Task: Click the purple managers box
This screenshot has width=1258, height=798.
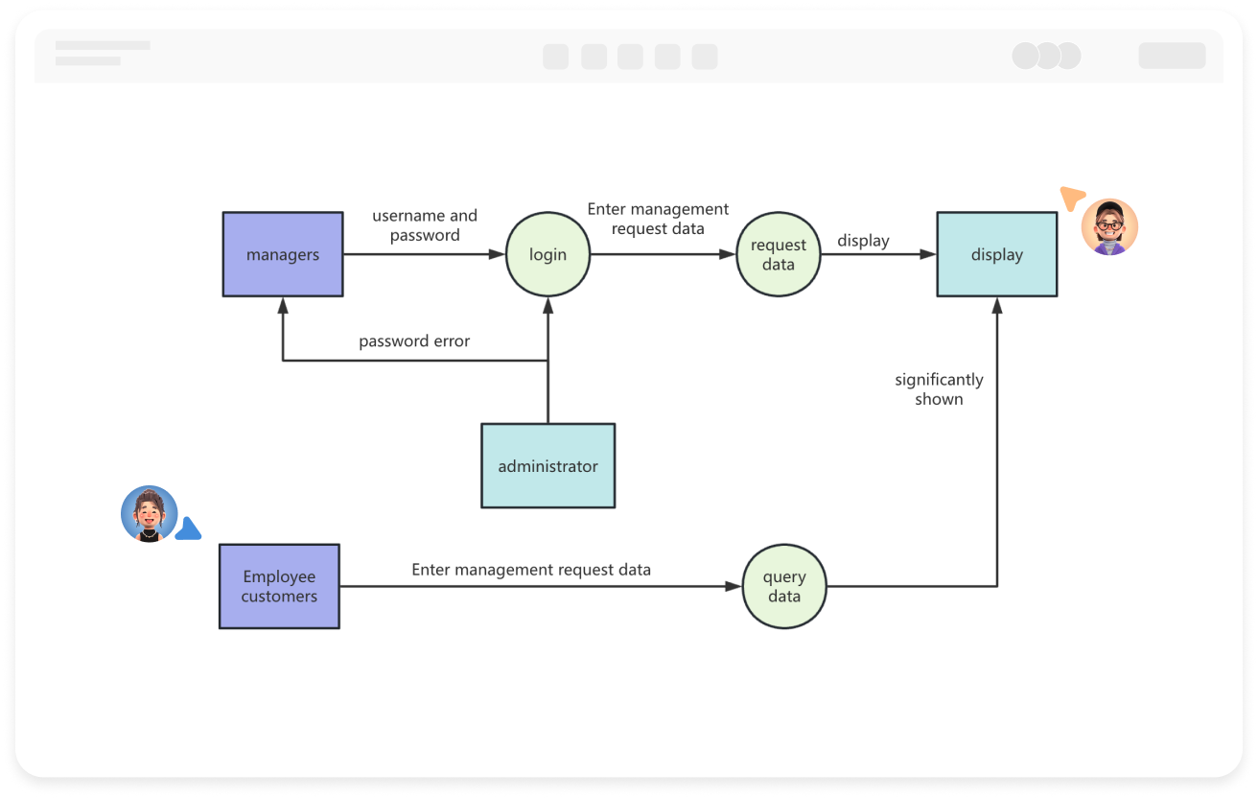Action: (x=283, y=254)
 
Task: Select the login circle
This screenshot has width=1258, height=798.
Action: (x=547, y=254)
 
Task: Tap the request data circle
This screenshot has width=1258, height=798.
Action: (x=778, y=254)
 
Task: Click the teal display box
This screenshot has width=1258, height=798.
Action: (x=996, y=254)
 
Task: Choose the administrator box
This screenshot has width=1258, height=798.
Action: (x=547, y=466)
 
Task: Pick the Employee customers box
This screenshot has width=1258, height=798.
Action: (x=279, y=586)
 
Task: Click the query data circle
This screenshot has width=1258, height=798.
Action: (x=783, y=586)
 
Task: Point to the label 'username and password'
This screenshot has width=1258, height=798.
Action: (x=425, y=225)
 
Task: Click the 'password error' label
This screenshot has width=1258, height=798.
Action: (x=414, y=341)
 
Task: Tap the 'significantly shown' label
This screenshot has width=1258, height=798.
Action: (x=939, y=389)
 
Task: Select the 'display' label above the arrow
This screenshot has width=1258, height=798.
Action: (x=863, y=241)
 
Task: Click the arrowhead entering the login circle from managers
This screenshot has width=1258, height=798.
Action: (x=497, y=254)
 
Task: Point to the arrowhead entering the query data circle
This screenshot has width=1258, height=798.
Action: (x=734, y=586)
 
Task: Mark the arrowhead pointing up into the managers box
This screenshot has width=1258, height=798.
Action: (x=283, y=305)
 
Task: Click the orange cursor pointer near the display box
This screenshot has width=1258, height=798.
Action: (x=1071, y=198)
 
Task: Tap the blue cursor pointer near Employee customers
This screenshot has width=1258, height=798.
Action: (x=189, y=529)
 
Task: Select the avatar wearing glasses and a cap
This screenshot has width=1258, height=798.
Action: (x=1109, y=227)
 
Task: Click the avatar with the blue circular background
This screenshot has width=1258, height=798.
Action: (x=149, y=514)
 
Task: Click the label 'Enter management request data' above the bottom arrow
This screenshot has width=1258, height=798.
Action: (x=531, y=570)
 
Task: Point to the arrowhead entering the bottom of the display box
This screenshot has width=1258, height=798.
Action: (x=997, y=305)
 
